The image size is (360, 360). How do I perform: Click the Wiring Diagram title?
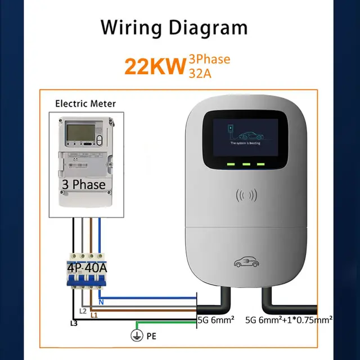pyautogui.click(x=174, y=27)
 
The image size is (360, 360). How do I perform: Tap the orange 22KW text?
pyautogui.click(x=155, y=66)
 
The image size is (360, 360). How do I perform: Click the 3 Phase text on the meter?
pyautogui.click(x=83, y=184)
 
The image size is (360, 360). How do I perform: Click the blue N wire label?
pyautogui.click(x=101, y=303)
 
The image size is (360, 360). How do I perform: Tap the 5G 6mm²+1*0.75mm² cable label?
pyautogui.click(x=289, y=321)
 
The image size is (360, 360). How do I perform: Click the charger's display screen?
pyautogui.click(x=241, y=136)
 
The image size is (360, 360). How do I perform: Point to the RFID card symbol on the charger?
pyautogui.click(x=246, y=196)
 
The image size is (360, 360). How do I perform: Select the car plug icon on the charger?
pyautogui.click(x=246, y=261)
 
